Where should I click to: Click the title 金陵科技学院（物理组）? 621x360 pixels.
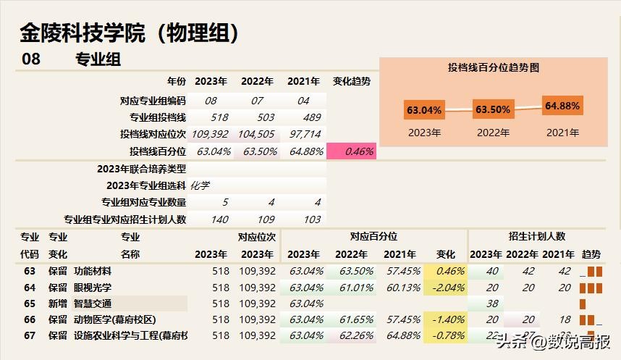(x=130, y=33)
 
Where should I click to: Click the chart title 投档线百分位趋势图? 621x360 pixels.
(x=494, y=67)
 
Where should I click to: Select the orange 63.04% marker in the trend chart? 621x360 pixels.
(x=424, y=110)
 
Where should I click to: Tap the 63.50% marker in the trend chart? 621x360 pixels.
(x=492, y=110)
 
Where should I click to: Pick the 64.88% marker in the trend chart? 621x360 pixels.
(x=562, y=106)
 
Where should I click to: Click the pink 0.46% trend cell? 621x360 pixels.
(x=352, y=151)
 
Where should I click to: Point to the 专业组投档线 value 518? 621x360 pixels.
(x=219, y=117)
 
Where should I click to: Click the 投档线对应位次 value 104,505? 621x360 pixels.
(x=256, y=134)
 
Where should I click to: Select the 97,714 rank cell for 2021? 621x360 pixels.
(x=305, y=134)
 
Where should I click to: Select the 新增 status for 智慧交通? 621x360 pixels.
(x=58, y=304)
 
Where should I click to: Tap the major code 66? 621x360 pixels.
(x=30, y=319)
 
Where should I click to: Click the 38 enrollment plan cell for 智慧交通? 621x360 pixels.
(x=493, y=304)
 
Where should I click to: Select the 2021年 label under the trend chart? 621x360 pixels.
(x=562, y=133)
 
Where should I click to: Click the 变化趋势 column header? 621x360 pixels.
(x=351, y=81)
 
